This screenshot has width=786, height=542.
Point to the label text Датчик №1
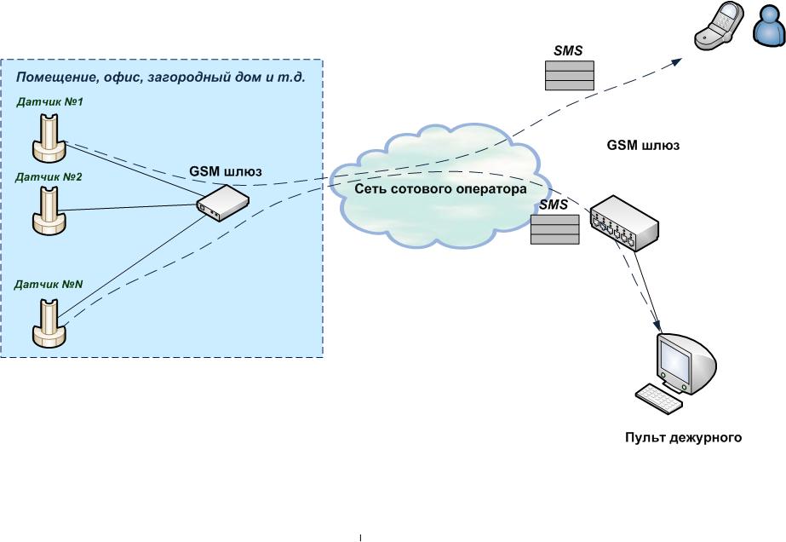(49, 102)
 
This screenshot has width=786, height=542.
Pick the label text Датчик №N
(49, 285)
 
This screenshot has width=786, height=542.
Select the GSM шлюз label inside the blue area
(225, 172)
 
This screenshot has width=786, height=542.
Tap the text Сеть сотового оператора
(440, 189)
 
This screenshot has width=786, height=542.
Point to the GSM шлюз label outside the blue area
(643, 146)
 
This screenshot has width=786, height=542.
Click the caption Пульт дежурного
(683, 439)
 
